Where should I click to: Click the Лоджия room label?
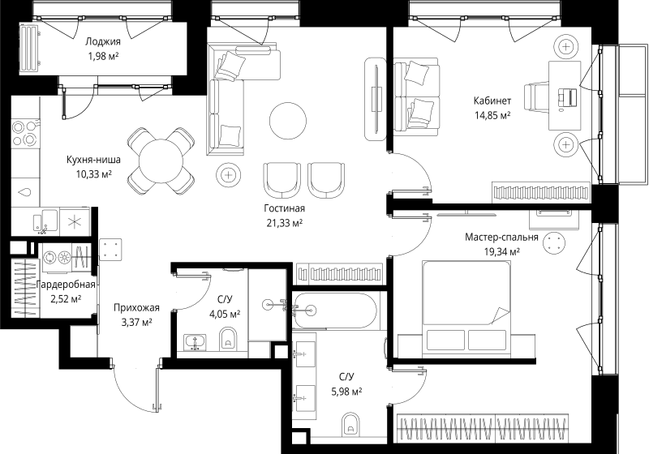[x=103, y=41]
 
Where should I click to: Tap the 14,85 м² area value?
[x=492, y=114]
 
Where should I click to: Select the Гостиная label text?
[x=285, y=208]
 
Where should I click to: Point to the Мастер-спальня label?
[x=501, y=238]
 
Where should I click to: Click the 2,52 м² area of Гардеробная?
[x=66, y=298]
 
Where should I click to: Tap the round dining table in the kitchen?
[x=161, y=161]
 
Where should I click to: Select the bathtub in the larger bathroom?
[x=334, y=311]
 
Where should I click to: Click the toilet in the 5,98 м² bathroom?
[x=351, y=423]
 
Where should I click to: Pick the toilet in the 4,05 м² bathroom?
[x=227, y=338]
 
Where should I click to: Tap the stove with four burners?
[x=26, y=133]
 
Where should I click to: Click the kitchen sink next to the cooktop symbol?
[x=45, y=221]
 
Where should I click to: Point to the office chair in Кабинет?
[x=536, y=96]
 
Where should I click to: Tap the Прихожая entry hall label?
[x=136, y=308]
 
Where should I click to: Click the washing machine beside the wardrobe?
[x=56, y=258]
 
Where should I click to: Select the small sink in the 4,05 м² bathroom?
[x=195, y=342]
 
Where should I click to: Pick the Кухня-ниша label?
[x=93, y=160]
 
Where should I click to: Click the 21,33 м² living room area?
[x=285, y=223]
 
